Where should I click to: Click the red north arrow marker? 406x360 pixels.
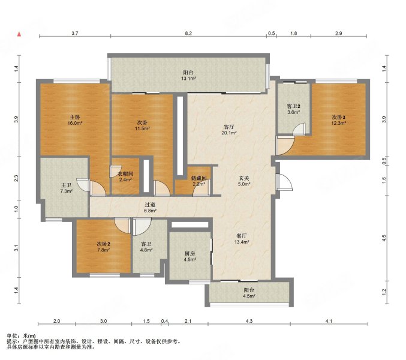tap(19, 34)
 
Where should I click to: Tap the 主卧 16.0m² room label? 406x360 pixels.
tap(75, 121)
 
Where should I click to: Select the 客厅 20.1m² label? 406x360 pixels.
tap(229, 130)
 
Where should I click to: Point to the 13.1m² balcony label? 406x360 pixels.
tap(188, 76)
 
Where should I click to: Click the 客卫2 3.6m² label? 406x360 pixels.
tap(293, 109)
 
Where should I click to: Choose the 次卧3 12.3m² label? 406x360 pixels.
tap(339, 121)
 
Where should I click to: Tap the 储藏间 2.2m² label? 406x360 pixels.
tap(199, 181)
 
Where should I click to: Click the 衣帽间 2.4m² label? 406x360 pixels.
tap(125, 176)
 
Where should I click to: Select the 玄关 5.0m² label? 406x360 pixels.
tap(243, 181)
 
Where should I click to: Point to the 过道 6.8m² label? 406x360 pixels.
tap(150, 208)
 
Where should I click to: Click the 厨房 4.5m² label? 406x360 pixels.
tap(190, 256)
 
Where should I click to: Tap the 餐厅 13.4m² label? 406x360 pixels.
tap(242, 239)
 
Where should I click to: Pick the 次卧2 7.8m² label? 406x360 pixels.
tap(104, 247)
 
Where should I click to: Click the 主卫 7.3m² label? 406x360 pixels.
tap(67, 188)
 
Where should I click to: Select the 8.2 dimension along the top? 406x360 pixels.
tap(188, 33)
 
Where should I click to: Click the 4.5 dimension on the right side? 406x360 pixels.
tap(384, 238)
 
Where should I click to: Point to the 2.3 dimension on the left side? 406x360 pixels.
tap(16, 178)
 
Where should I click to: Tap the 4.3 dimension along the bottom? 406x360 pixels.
tap(249, 321)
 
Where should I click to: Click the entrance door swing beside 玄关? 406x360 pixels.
tap(284, 182)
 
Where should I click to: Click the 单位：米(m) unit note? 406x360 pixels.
tap(21, 336)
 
